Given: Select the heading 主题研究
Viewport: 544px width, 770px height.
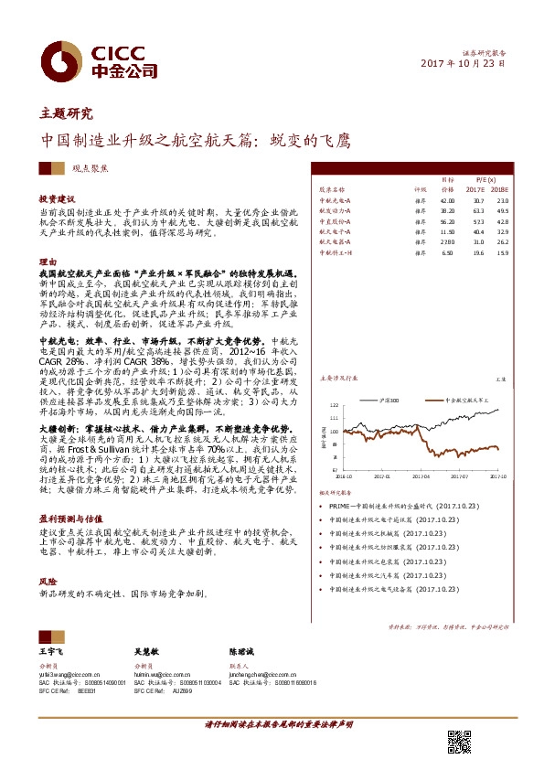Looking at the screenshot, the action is coord(67,114).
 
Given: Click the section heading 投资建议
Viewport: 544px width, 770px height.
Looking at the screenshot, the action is coord(57,198).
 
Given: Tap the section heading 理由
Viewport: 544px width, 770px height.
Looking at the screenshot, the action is coord(48,262).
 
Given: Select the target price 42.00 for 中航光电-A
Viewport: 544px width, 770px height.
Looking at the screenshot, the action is coord(447,199).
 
